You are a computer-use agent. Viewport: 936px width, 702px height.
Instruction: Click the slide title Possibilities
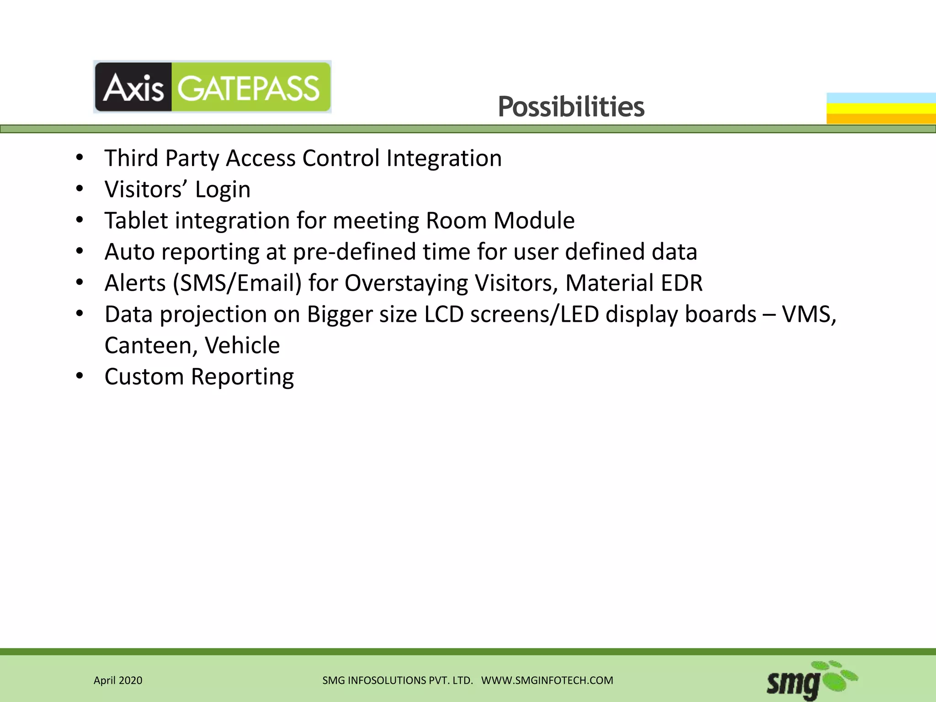571,107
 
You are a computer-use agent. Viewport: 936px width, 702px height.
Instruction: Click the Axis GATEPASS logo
212,87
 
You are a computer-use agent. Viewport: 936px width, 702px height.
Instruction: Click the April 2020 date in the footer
118,681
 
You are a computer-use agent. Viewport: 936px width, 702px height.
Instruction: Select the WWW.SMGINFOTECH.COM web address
547,681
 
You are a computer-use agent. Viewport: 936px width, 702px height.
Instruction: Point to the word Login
223,190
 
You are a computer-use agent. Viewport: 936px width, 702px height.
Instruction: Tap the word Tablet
136,221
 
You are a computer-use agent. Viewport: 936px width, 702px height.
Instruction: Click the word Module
534,221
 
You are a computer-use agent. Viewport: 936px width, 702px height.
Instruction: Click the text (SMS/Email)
237,283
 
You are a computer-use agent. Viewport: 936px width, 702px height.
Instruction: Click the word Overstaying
406,283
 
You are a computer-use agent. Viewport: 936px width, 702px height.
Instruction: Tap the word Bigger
339,314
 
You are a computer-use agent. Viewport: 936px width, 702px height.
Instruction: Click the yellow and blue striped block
881,108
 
